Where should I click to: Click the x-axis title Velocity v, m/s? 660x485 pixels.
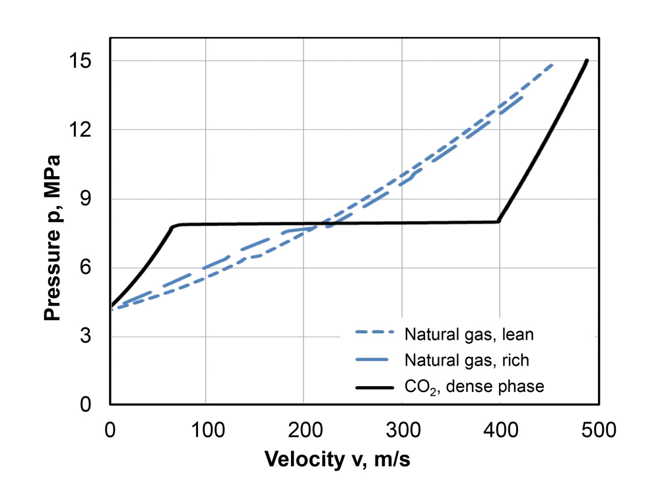click(337, 459)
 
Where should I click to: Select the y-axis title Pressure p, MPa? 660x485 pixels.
click(52, 238)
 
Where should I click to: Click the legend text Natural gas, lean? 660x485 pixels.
click(469, 335)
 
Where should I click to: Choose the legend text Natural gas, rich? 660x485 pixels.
click(467, 360)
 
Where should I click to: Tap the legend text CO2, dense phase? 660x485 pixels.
click(474, 387)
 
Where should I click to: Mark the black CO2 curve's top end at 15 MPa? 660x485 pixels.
click(587, 61)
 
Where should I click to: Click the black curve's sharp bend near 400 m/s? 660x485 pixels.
click(498, 222)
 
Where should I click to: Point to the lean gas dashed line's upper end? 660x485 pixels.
click(552, 65)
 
